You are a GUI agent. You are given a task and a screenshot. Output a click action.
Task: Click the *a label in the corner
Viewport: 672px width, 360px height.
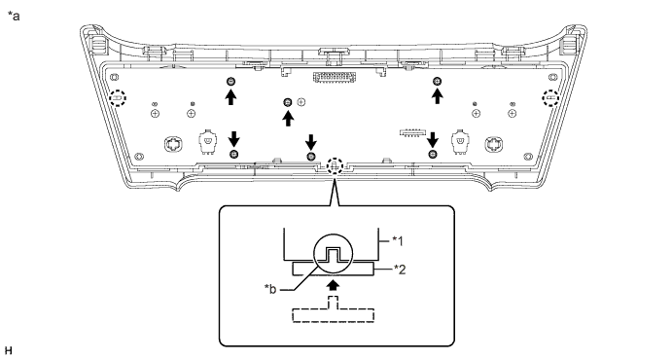pyautogui.click(x=13, y=15)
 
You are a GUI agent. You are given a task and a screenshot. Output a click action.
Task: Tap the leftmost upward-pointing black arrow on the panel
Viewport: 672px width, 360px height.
pyautogui.click(x=230, y=97)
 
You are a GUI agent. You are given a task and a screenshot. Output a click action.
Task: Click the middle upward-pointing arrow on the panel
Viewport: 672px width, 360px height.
pyautogui.click(x=288, y=119)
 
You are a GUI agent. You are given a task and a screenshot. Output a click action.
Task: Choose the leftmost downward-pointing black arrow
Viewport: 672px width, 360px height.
pyautogui.click(x=233, y=137)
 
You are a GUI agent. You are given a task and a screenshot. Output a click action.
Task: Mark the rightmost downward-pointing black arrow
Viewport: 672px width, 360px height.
pyautogui.click(x=433, y=137)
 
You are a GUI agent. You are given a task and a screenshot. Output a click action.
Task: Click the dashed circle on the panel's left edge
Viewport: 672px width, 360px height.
pyautogui.click(x=119, y=98)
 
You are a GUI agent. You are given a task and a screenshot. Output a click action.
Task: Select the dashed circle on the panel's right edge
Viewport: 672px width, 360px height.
pyautogui.click(x=549, y=98)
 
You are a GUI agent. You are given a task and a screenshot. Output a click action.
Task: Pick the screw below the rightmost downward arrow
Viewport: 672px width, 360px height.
pyautogui.click(x=433, y=154)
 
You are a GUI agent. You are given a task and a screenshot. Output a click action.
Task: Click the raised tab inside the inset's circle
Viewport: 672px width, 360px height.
pyautogui.click(x=334, y=255)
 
